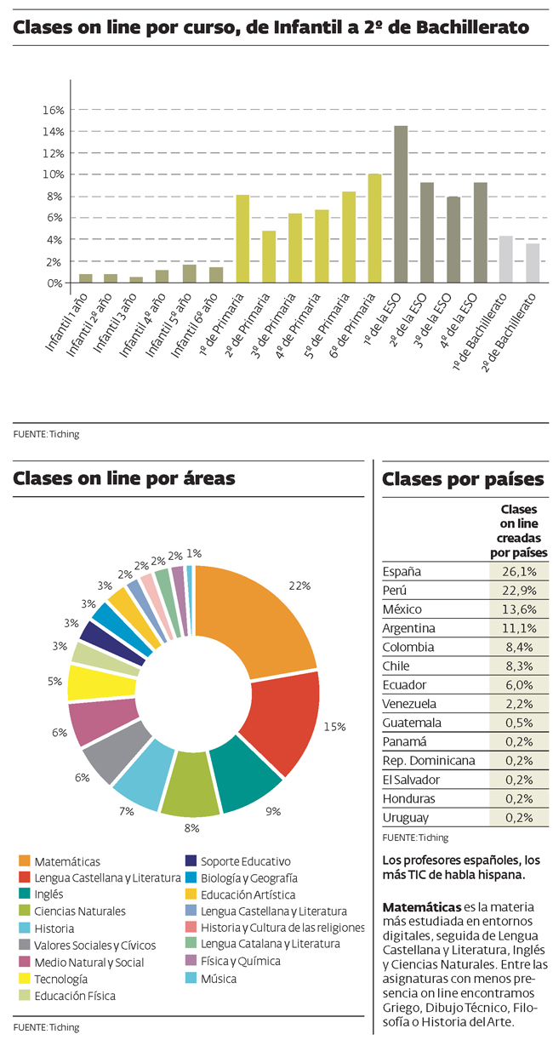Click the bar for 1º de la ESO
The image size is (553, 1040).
pyautogui.click(x=401, y=204)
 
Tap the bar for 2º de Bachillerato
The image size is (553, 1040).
pyautogui.click(x=533, y=263)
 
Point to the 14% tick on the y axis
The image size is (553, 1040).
pyautogui.click(x=54, y=132)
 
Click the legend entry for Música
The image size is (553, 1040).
pyautogui.click(x=219, y=979)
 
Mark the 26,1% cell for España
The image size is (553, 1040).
pyautogui.click(x=519, y=571)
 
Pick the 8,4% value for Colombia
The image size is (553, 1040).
pyautogui.click(x=519, y=647)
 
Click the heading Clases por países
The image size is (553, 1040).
pyautogui.click(x=463, y=479)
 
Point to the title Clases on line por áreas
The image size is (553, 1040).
pyautogui.click(x=124, y=479)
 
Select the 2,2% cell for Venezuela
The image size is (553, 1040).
pyautogui.click(x=519, y=704)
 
